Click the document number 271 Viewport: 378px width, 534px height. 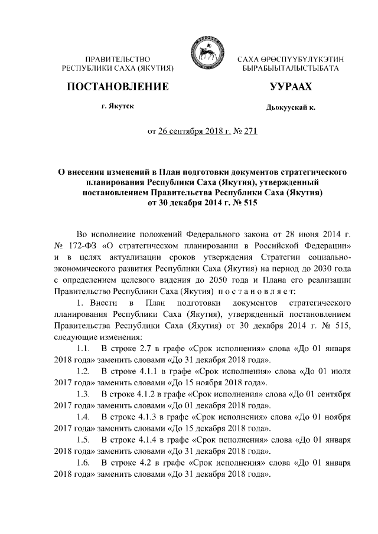tap(250, 131)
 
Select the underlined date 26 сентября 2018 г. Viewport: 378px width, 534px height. tap(191, 131)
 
